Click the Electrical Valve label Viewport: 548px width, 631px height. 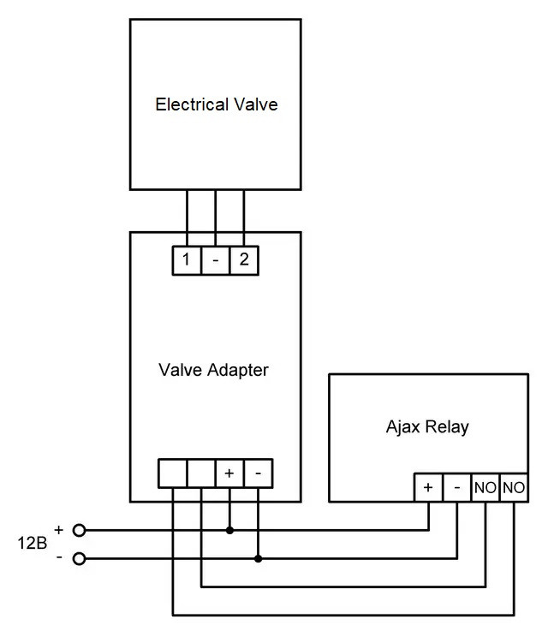tap(217, 105)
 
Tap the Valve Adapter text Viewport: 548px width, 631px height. tap(213, 370)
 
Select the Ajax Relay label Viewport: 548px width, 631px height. tap(427, 426)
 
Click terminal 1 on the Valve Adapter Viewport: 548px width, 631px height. tap(186, 259)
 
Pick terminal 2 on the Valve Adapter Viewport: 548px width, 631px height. tap(244, 259)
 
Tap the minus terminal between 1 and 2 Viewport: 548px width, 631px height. tap(215, 259)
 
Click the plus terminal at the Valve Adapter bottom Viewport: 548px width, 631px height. tap(229, 473)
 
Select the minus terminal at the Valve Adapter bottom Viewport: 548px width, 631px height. tap(259, 473)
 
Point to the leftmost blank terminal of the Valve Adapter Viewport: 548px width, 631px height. tap(172, 473)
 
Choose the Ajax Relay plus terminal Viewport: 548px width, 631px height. tap(428, 487)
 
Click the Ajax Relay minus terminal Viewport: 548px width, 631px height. tap(457, 487)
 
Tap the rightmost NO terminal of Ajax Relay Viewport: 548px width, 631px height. tap(514, 487)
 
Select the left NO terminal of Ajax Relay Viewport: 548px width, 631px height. tap(485, 487)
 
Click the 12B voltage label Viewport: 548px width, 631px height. tap(33, 544)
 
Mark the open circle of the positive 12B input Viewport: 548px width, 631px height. tap(80, 530)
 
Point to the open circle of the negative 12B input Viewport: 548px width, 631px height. tap(80, 559)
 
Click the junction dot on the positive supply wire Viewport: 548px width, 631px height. tap(229, 530)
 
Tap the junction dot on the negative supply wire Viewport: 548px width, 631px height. tap(259, 559)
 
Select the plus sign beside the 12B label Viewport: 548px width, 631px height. tap(58, 529)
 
